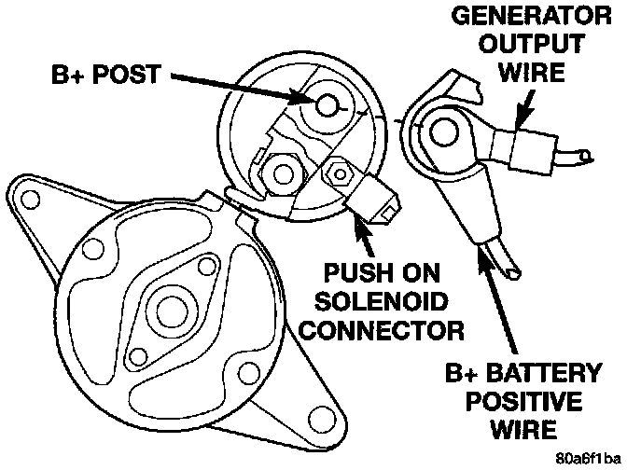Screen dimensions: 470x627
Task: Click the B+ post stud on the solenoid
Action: [x=326, y=104]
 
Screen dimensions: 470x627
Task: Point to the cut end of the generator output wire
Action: [x=587, y=155]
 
